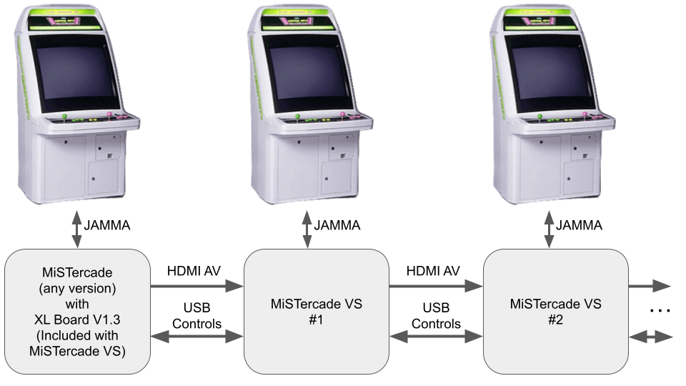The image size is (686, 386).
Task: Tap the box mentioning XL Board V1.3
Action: tap(77, 311)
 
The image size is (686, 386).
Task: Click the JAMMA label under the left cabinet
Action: tap(108, 225)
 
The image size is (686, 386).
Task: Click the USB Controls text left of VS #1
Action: tap(196, 315)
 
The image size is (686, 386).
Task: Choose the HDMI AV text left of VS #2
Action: tap(433, 271)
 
